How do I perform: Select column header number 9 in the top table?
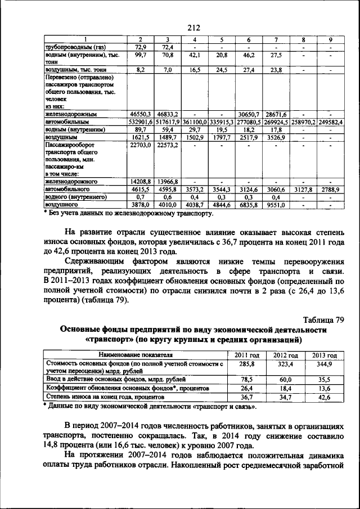(330, 39)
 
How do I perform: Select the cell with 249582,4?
(330, 121)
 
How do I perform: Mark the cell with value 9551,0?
(276, 205)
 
